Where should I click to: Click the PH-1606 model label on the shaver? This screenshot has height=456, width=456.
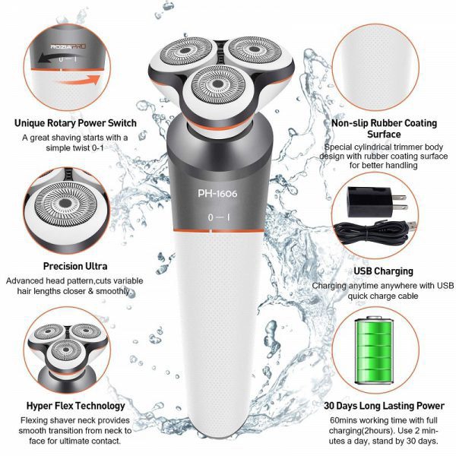[217, 193]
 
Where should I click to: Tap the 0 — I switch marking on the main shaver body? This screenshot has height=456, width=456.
[219, 217]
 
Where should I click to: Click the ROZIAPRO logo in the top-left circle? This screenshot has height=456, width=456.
[68, 46]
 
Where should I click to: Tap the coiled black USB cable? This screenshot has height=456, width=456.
[375, 233]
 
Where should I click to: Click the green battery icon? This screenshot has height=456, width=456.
[374, 350]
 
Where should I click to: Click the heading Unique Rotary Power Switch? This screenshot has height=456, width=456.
[75, 123]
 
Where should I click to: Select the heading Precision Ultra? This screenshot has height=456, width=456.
[75, 266]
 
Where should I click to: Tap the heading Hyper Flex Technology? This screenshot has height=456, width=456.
[75, 406]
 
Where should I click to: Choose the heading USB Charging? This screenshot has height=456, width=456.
[383, 271]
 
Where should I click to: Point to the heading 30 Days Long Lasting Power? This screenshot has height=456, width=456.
[384, 406]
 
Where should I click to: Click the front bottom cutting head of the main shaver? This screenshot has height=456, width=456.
[218, 85]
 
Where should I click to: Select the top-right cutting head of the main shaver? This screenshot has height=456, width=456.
[254, 49]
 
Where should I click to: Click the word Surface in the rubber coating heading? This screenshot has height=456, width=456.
[384, 135]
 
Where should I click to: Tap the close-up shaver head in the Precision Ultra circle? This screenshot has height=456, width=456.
[65, 204]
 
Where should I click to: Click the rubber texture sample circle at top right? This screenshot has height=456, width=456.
[375, 68]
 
